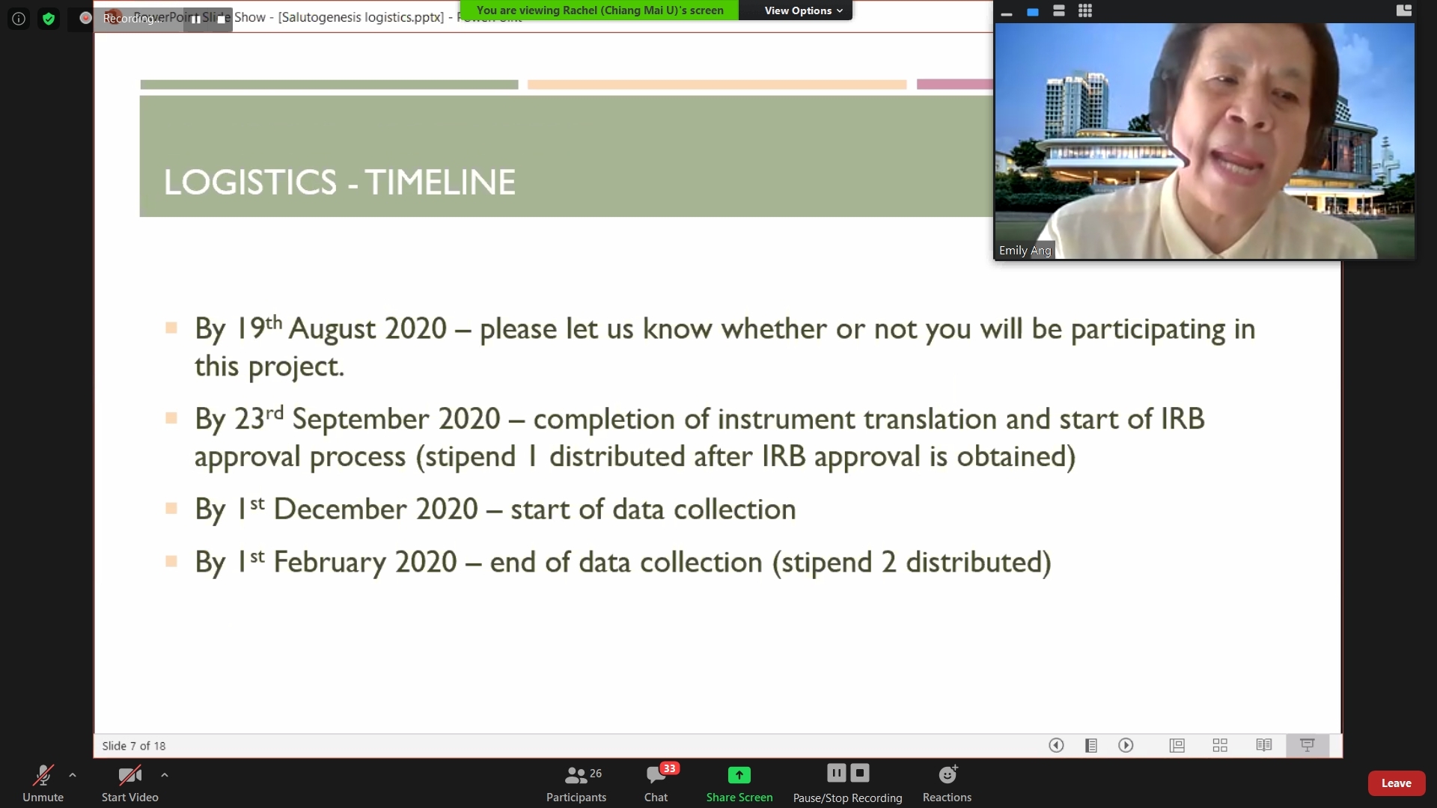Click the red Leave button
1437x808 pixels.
1396,783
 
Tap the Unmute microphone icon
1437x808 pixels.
43,774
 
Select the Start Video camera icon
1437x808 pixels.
129,774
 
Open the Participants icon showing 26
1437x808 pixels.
576,774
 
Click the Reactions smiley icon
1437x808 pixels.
948,774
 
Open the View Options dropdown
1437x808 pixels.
803,10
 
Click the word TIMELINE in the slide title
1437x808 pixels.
441,182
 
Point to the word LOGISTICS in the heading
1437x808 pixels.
251,182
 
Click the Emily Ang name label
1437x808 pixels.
1025,251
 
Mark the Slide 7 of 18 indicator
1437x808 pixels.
134,746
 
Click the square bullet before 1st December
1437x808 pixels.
171,509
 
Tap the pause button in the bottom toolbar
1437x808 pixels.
837,773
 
